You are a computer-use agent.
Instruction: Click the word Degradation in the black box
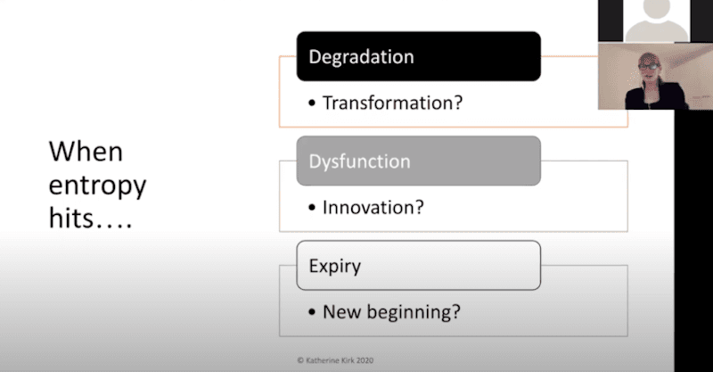tap(361, 57)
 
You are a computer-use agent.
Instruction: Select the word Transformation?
tap(392, 103)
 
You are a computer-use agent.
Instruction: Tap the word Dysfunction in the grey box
tap(359, 162)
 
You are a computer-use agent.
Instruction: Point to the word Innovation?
tap(373, 208)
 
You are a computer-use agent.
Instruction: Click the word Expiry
tap(335, 267)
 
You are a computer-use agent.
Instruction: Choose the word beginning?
tap(414, 312)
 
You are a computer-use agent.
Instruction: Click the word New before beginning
tap(342, 312)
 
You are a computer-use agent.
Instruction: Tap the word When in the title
tap(86, 152)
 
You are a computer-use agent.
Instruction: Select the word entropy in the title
tap(97, 186)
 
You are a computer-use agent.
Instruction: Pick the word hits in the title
tap(71, 218)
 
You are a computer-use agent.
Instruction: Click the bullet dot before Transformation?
tap(311, 103)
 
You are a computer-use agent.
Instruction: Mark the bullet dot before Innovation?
tap(311, 208)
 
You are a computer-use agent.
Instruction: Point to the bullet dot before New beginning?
tap(311, 312)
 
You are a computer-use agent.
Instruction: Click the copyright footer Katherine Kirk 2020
tap(335, 360)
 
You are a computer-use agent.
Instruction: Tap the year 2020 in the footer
tap(365, 360)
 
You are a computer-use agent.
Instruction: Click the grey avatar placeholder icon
tap(656, 21)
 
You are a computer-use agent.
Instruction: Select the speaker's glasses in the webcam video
tap(650, 66)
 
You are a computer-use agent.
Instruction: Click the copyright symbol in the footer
tap(300, 360)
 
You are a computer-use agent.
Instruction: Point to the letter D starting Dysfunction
tap(315, 161)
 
